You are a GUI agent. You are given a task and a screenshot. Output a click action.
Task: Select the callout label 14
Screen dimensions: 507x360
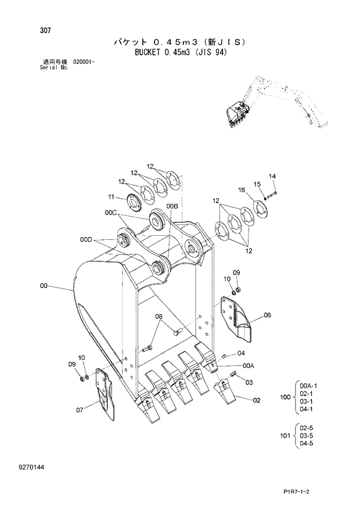pos(272,177)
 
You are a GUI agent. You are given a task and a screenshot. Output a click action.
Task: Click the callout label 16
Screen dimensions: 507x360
pos(242,190)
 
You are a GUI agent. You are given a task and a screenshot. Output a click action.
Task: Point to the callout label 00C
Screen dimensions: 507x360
pos(111,213)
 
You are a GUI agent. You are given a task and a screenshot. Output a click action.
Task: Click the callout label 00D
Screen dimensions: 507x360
pos(86,239)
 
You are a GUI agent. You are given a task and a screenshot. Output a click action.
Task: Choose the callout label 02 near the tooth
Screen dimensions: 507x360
pos(256,400)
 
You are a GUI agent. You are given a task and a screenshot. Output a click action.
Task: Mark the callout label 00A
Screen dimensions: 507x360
pos(249,366)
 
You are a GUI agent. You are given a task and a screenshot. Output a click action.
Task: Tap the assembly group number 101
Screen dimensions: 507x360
pos(285,436)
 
